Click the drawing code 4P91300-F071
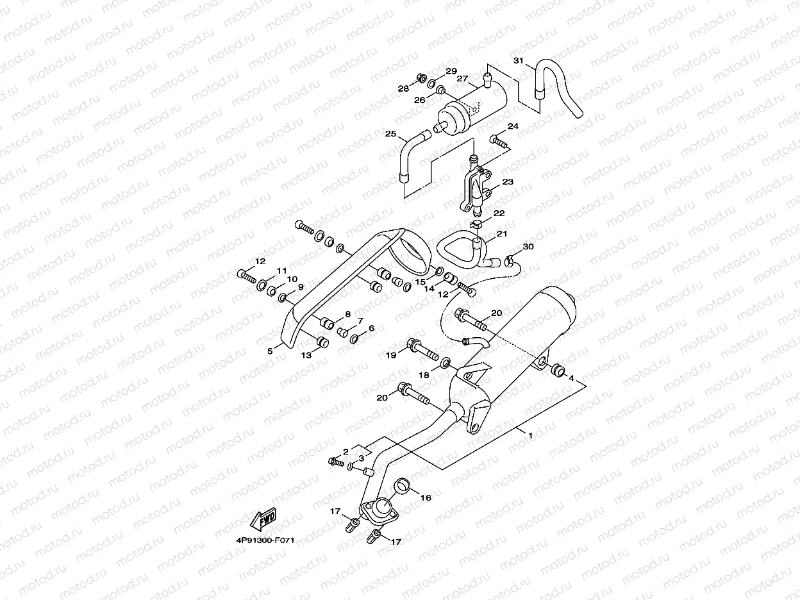(268, 540)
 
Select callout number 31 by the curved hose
(519, 61)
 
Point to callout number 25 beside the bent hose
(391, 134)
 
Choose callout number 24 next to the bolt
(513, 126)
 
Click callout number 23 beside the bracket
(508, 182)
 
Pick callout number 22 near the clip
(499, 213)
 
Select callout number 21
(501, 234)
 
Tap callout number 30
(528, 247)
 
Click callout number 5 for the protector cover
(271, 351)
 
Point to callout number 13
(306, 354)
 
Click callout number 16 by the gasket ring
(426, 497)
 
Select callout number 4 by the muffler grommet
(571, 378)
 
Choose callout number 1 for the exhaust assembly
(530, 435)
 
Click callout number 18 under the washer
(423, 375)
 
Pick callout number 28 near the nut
(403, 88)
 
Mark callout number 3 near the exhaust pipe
(361, 458)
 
